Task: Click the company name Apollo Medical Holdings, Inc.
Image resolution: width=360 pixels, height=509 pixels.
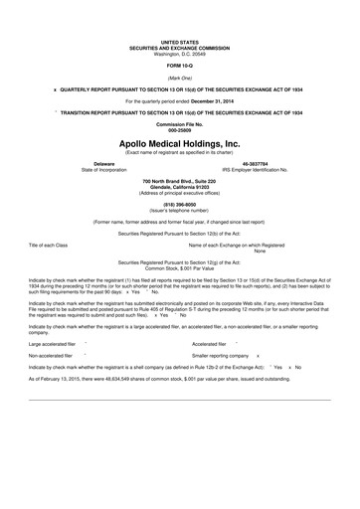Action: pyautogui.click(x=180, y=144)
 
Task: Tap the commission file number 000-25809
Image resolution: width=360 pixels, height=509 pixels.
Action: pyautogui.click(x=180, y=130)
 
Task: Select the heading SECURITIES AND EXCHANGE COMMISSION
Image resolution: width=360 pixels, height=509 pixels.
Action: pyautogui.click(x=180, y=48)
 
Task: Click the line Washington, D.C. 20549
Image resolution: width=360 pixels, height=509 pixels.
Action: pyautogui.click(x=180, y=53)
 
